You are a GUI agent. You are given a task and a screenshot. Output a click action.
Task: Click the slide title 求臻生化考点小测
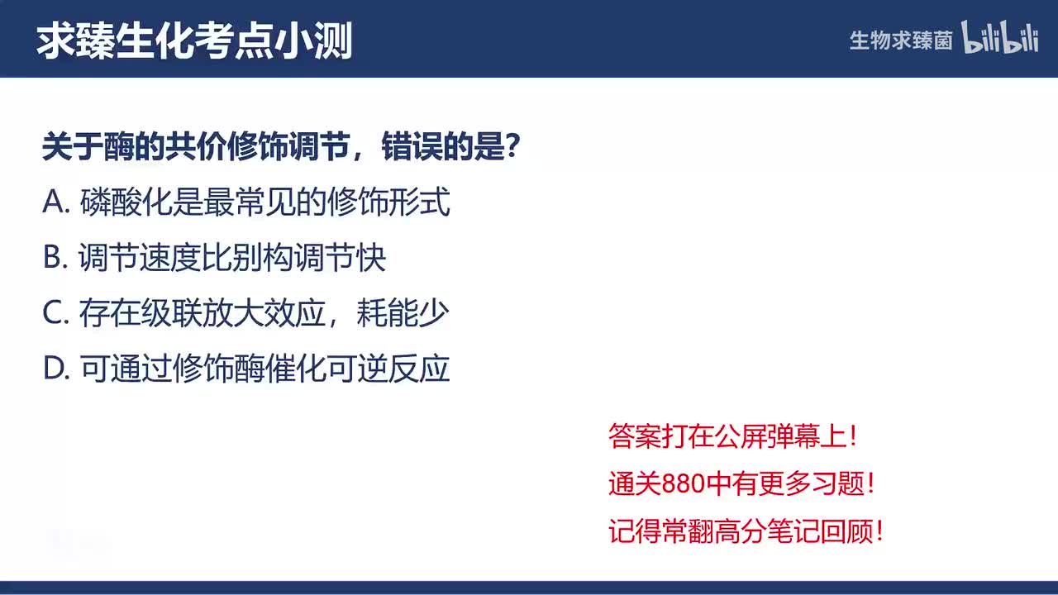pyautogui.click(x=194, y=41)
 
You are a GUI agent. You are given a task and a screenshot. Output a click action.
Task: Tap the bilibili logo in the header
pyautogui.click(x=999, y=38)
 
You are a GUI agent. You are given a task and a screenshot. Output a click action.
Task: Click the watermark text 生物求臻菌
pyautogui.click(x=901, y=40)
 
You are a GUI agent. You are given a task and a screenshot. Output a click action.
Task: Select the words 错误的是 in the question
pyautogui.click(x=441, y=148)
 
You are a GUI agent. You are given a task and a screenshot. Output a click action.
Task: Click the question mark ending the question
pyautogui.click(x=512, y=148)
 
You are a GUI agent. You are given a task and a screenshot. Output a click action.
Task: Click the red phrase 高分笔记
pyautogui.click(x=746, y=531)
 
